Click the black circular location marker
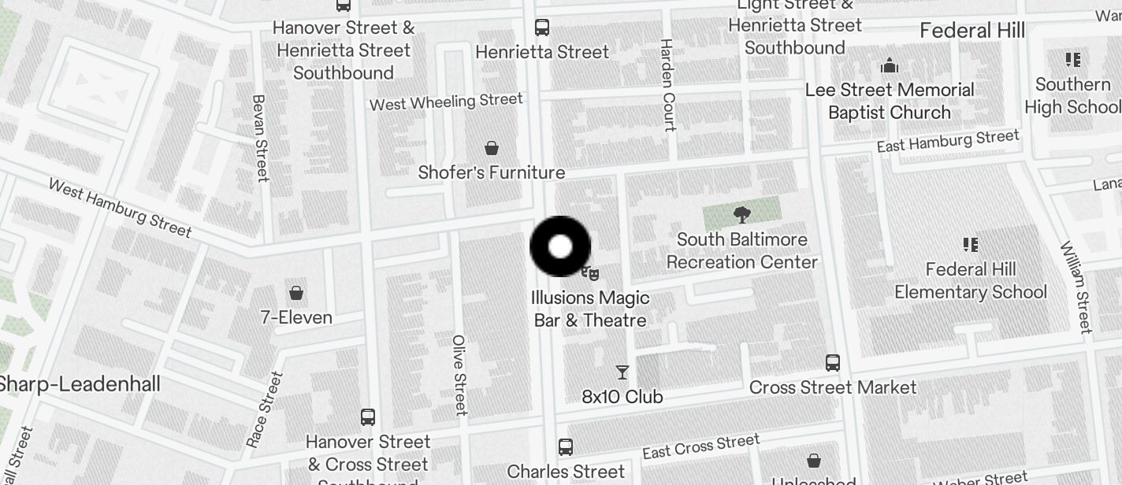point(560,246)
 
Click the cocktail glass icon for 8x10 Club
point(622,372)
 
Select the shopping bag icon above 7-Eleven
point(296,293)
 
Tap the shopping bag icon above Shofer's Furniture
point(492,148)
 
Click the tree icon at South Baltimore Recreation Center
point(741,213)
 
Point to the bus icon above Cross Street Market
point(833,363)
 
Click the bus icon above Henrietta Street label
point(542,28)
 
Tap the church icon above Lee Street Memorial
point(890,65)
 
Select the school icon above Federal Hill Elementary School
point(971,245)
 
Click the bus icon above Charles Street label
point(565,447)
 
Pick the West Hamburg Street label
point(120,208)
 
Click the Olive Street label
point(459,375)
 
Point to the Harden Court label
point(668,85)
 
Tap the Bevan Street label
point(259,139)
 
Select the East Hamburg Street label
point(948,142)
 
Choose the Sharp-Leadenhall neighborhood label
point(79,384)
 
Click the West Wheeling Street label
point(446,102)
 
